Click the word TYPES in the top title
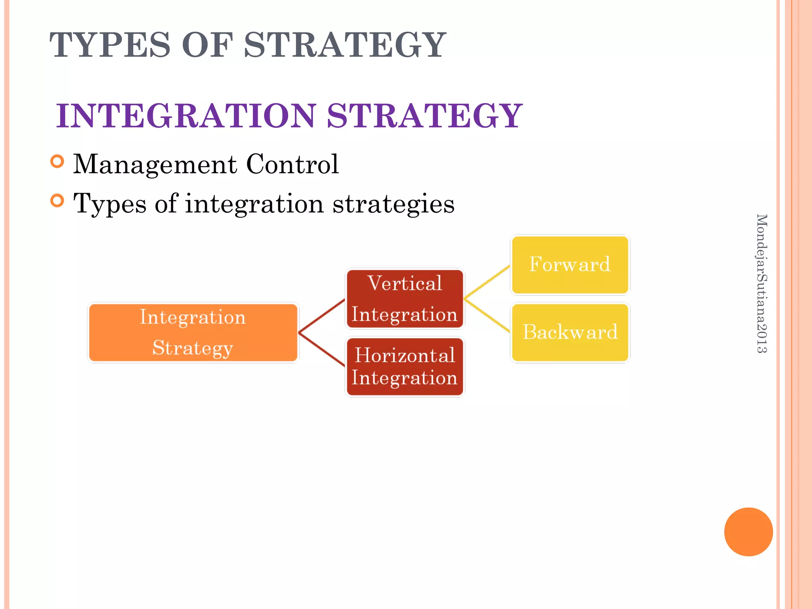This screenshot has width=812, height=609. click(110, 45)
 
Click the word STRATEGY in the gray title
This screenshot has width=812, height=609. click(345, 45)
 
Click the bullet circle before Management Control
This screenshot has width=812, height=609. click(57, 161)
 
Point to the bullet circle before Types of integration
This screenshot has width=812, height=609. click(57, 201)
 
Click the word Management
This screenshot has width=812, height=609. click(155, 164)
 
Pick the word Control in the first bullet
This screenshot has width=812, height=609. click(292, 164)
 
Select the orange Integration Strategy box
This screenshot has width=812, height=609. click(193, 332)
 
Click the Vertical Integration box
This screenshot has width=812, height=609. click(405, 299)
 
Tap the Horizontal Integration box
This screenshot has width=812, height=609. click(405, 367)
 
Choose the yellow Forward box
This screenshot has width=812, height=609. click(570, 264)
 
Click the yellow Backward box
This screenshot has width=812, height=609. click(570, 332)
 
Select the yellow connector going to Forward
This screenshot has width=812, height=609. click(487, 282)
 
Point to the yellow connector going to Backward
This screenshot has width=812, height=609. click(487, 316)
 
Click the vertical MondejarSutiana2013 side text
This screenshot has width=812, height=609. click(762, 283)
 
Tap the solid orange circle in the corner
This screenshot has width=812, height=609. click(748, 532)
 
